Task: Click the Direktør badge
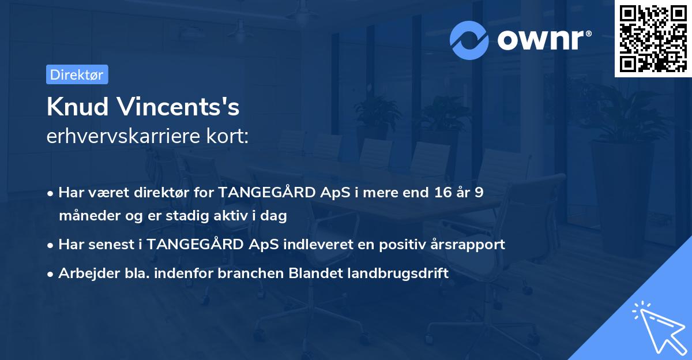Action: pyautogui.click(x=77, y=74)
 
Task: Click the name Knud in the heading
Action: pyautogui.click(x=78, y=107)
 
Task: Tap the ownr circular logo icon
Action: pyautogui.click(x=469, y=40)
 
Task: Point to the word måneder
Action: pyautogui.click(x=85, y=216)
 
